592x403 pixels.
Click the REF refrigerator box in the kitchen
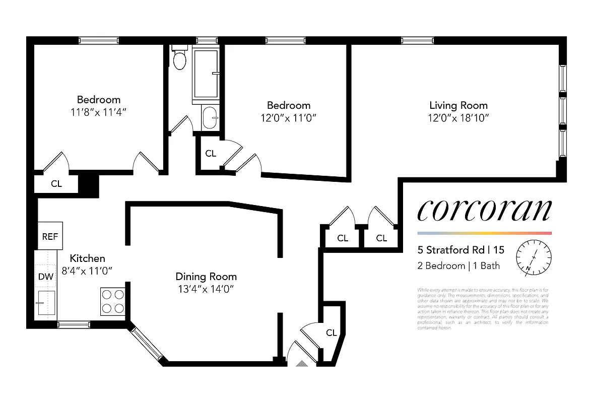pyautogui.click(x=50, y=236)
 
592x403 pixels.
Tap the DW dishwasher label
pyautogui.click(x=46, y=276)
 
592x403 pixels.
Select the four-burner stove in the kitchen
pyautogui.click(x=112, y=301)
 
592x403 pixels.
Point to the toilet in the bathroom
pyautogui.click(x=179, y=59)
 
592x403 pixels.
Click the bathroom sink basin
pyautogui.click(x=210, y=118)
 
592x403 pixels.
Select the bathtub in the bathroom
pyautogui.click(x=206, y=74)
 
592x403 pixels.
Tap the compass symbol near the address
pyautogui.click(x=534, y=256)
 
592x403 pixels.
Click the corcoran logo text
pyautogui.click(x=484, y=210)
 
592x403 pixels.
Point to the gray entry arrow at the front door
pyautogui.click(x=302, y=364)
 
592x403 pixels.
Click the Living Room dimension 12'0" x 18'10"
pyautogui.click(x=458, y=118)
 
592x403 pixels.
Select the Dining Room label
pyautogui.click(x=206, y=277)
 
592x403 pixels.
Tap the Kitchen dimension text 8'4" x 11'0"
pyautogui.click(x=87, y=271)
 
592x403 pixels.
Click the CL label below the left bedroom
pyautogui.click(x=56, y=184)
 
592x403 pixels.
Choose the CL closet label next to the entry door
pyautogui.click(x=331, y=332)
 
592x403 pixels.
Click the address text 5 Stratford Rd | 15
pyautogui.click(x=461, y=250)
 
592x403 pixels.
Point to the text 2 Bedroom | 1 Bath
pyautogui.click(x=458, y=265)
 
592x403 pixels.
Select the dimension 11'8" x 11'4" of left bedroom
pyautogui.click(x=99, y=112)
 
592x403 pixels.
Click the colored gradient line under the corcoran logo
pyautogui.click(x=484, y=233)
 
